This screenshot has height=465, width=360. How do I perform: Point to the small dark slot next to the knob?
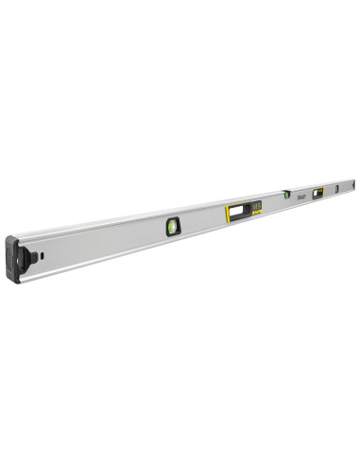45,251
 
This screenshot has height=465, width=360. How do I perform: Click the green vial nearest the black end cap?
173,225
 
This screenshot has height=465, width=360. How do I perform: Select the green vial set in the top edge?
286,194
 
